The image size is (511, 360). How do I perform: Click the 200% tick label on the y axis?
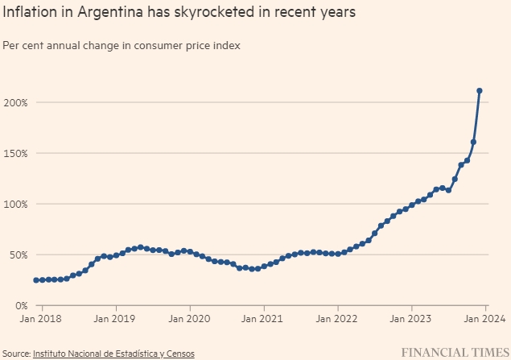pyautogui.click(x=15, y=102)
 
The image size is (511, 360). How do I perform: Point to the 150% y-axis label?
pyautogui.click(x=15, y=153)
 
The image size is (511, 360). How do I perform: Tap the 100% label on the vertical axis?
pyautogui.click(x=15, y=204)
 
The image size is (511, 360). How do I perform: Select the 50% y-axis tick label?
pyautogui.click(x=18, y=254)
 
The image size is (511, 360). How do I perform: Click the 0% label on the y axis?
pyautogui.click(x=21, y=305)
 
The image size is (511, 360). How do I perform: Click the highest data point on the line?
pyautogui.click(x=480, y=91)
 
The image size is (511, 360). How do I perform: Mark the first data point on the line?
pyautogui.click(x=36, y=280)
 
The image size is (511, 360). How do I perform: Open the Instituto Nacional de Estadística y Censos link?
pyautogui.click(x=113, y=353)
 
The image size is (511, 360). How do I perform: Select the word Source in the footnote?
pyautogui.click(x=15, y=353)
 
